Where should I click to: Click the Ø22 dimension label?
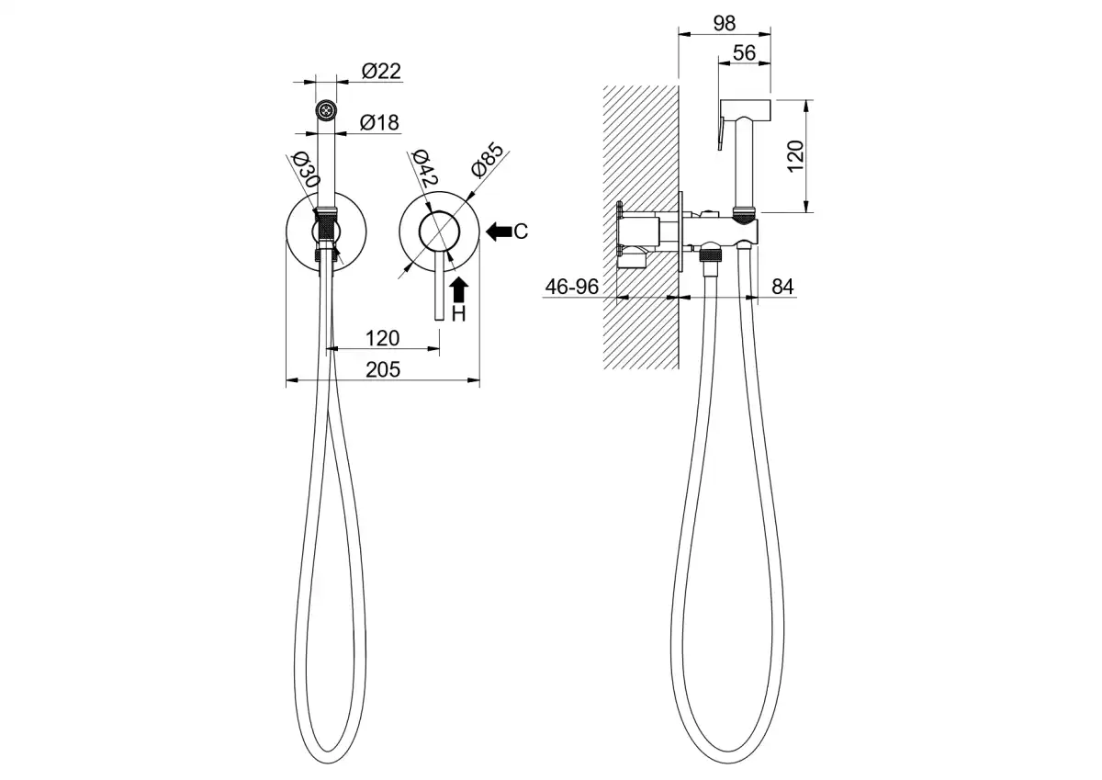coord(381,71)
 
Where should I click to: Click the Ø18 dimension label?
coord(379,122)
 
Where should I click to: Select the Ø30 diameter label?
coord(306,170)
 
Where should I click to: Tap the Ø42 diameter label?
coord(424,167)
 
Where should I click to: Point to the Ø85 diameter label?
coord(488,160)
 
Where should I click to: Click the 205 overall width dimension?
coord(383,369)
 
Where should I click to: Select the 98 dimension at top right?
coord(725,23)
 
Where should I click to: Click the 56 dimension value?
coord(744,52)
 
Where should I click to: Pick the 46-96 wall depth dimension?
coord(571,287)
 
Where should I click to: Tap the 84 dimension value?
coord(782,287)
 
